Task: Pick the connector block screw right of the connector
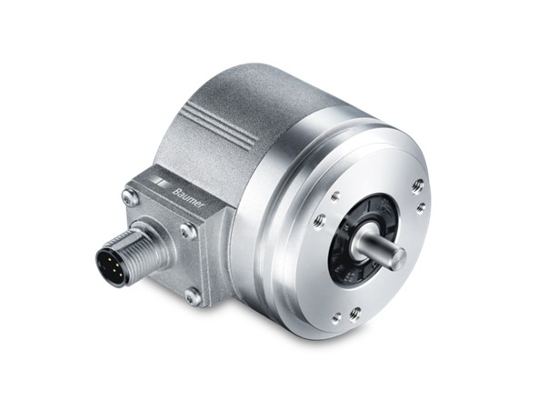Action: point(187,231)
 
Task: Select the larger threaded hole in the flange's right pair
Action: point(417,186)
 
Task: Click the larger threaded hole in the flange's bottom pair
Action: point(354,314)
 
